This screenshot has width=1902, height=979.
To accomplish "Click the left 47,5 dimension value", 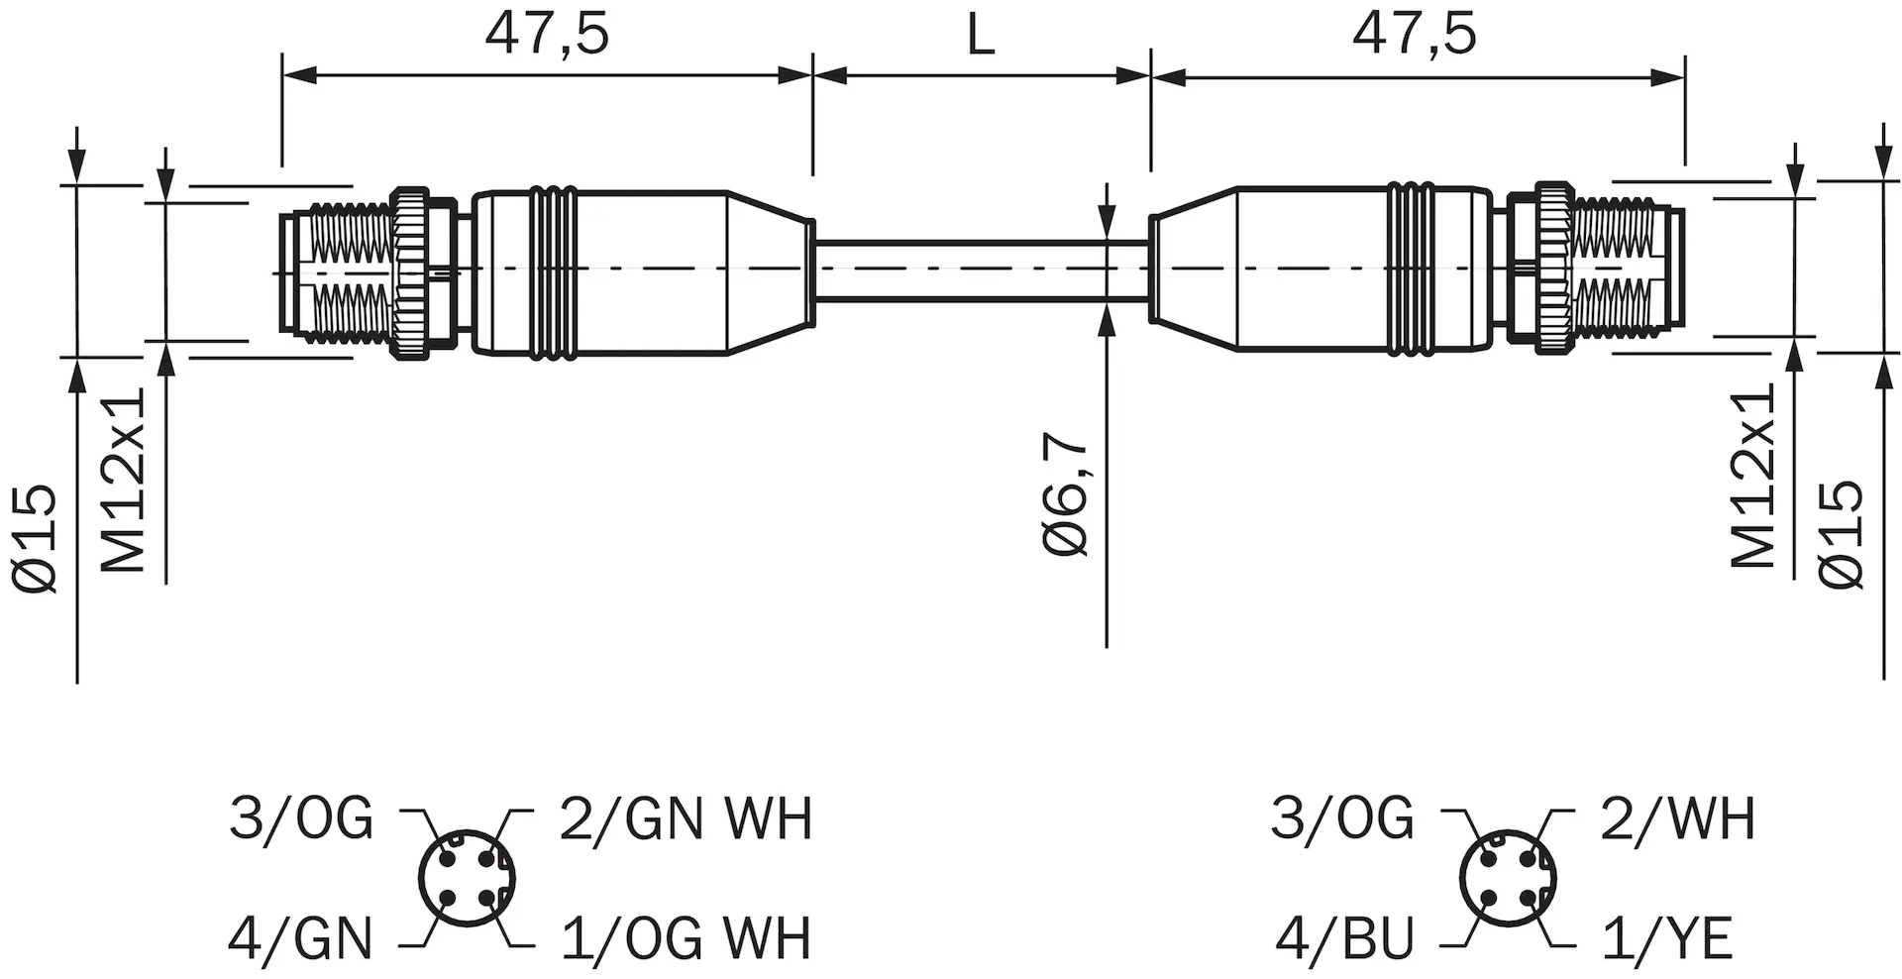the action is (547, 34).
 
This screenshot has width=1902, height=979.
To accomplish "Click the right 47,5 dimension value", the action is (1415, 34).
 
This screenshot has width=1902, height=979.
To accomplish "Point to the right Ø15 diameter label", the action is (1842, 534).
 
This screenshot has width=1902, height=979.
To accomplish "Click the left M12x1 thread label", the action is (125, 480).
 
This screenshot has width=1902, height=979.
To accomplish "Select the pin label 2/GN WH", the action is (686, 818).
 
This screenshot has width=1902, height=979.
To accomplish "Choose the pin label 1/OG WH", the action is (686, 937).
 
